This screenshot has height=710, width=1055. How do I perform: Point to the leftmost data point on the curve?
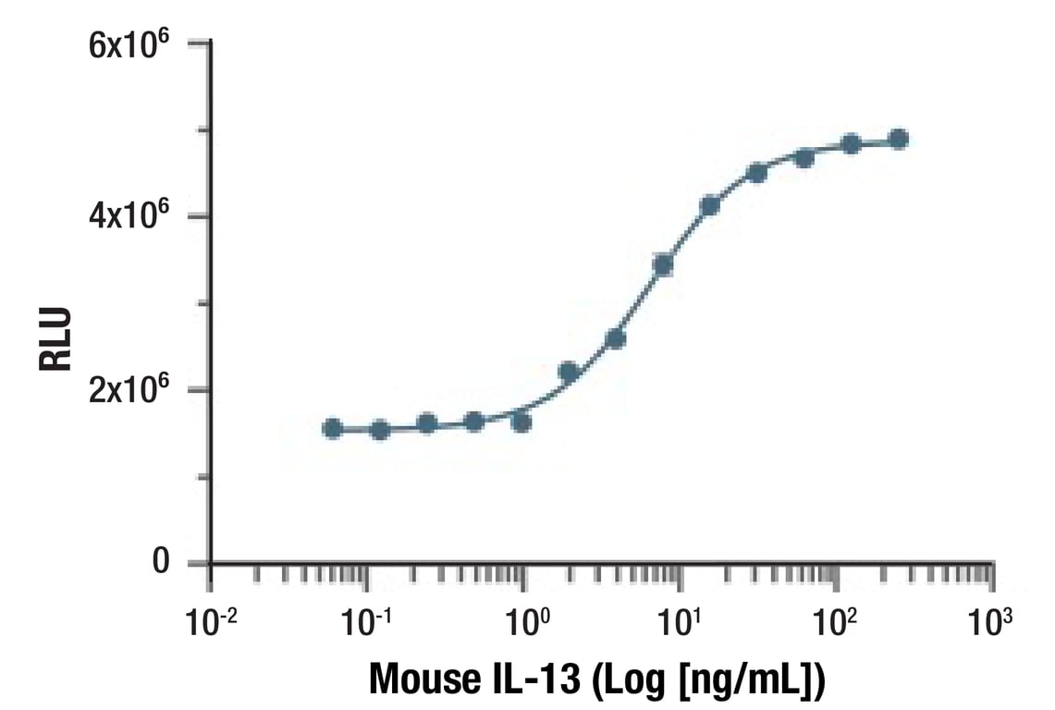tap(333, 428)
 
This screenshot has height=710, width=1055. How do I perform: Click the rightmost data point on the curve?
tap(898, 140)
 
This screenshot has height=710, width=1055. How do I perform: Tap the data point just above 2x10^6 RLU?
tap(569, 372)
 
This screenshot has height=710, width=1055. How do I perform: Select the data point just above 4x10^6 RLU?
tap(710, 205)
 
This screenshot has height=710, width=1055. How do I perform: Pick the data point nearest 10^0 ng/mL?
tap(521, 422)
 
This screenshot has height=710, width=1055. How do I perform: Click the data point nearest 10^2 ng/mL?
tap(851, 144)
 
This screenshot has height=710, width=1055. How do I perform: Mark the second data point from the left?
tap(380, 429)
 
